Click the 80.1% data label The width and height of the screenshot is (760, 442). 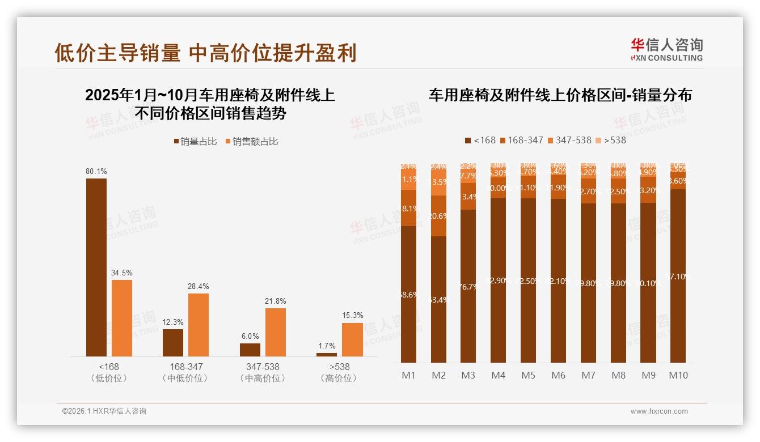tap(96, 171)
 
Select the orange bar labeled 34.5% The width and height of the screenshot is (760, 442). tap(122, 318)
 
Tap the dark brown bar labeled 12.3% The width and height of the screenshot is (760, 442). tap(173, 342)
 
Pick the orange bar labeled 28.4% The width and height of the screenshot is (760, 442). tap(199, 325)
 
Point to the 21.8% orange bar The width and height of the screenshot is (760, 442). tap(276, 332)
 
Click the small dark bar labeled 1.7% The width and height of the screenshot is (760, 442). tap(327, 354)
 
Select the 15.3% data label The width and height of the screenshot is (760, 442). tap(352, 315)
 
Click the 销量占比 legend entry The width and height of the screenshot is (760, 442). tap(195, 142)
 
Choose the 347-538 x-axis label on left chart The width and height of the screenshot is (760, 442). tap(263, 367)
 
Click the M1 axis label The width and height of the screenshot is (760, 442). tap(409, 375)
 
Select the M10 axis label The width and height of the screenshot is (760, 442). tap(678, 375)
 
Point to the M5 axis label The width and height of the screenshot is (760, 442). tap(528, 375)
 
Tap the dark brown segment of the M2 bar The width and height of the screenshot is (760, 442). tap(438, 299)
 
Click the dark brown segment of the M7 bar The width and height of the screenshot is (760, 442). tap(588, 283)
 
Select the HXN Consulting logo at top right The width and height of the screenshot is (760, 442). tap(666, 50)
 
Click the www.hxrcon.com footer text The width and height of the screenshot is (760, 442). tap(659, 411)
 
